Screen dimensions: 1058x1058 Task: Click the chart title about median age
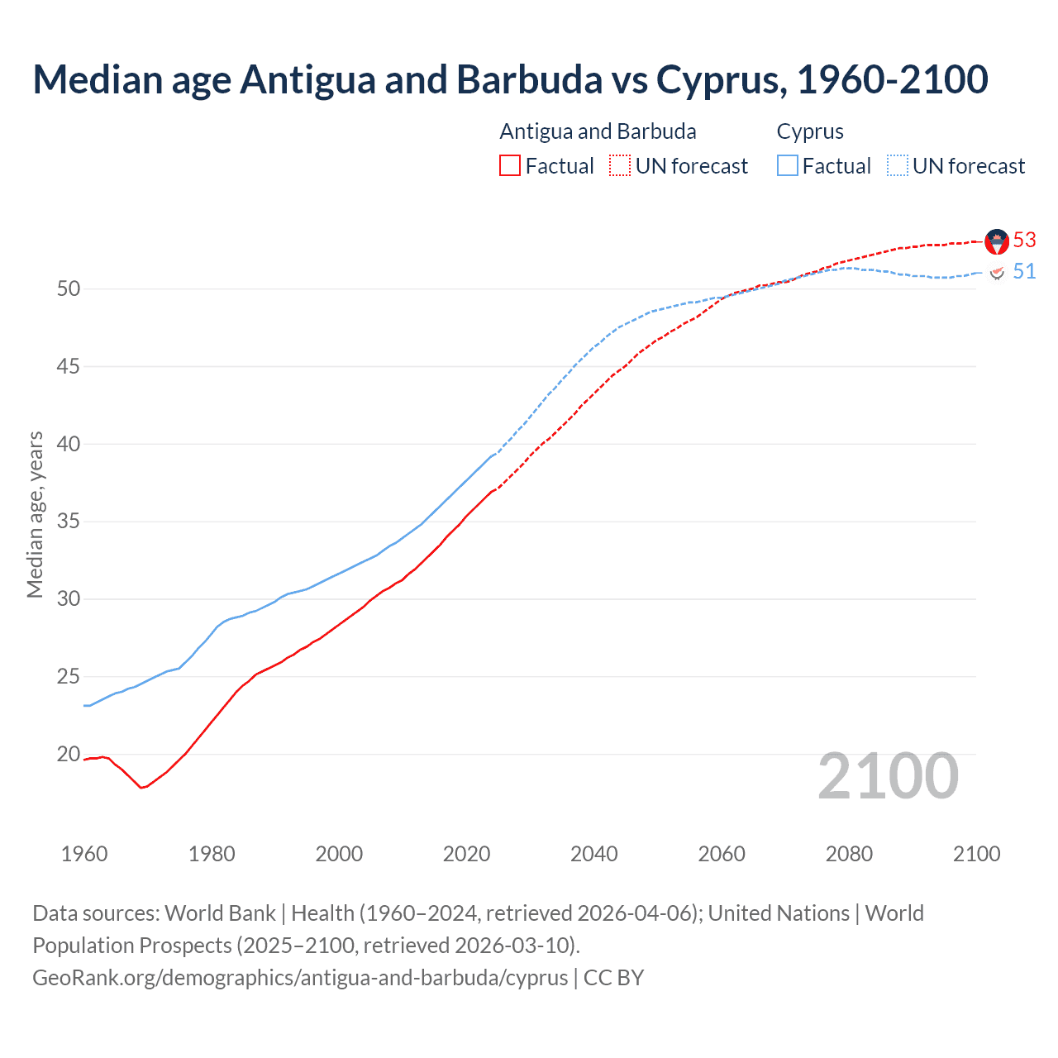[510, 79]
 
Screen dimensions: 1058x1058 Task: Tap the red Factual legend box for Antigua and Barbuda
[510, 166]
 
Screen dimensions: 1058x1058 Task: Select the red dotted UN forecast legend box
[620, 166]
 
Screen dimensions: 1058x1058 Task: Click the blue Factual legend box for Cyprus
[788, 166]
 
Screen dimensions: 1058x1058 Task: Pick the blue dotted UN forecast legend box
[898, 166]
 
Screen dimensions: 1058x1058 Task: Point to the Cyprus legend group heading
[810, 131]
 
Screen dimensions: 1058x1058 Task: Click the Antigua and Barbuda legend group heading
[598, 131]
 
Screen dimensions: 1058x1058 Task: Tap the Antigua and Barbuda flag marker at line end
[997, 241]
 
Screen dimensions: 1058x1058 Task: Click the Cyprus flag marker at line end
[997, 272]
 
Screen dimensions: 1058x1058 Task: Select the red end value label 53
[1024, 240]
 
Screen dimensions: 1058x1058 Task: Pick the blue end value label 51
[1024, 272]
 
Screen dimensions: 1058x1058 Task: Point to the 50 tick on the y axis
[69, 288]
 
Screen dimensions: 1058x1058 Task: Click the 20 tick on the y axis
[69, 754]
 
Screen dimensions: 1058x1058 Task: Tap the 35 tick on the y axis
[69, 522]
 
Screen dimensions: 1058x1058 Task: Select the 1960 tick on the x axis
[84, 854]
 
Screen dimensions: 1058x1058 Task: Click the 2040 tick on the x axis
[594, 854]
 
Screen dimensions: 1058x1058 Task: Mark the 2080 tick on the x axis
[849, 854]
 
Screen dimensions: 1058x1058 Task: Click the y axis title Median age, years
[35, 514]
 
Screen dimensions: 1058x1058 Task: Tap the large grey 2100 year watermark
[888, 776]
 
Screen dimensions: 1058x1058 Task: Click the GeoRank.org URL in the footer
[300, 978]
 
